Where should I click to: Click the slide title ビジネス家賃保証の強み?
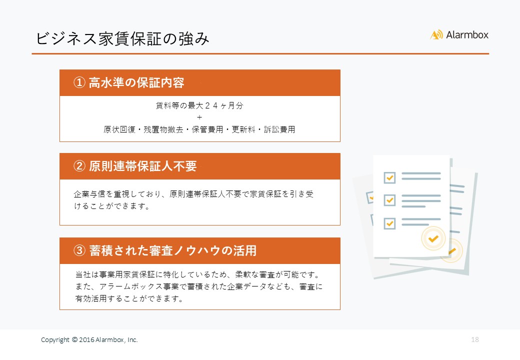pos(122,39)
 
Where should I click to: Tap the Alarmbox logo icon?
pos(436,35)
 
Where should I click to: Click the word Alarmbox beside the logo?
pos(467,35)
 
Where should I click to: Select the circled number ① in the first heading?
pos(79,82)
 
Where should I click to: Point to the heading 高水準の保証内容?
pos(136,82)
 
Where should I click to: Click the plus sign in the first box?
pos(199,117)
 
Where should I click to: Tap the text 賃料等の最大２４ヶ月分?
pos(199,105)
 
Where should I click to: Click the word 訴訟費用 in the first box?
pos(279,129)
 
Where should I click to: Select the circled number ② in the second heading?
pos(79,166)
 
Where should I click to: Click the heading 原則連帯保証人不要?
pos(142,166)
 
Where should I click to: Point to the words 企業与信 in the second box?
pos(89,194)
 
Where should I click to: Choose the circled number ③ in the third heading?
pos(79,250)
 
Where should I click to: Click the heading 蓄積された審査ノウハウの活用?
pos(173,250)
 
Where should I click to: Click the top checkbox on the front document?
pos(389,177)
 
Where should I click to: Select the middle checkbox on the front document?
pos(389,200)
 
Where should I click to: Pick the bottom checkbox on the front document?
pos(389,223)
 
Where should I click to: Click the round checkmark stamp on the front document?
pos(433,238)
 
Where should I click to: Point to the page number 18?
pos(475,339)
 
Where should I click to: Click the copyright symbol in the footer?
pos(74,339)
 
